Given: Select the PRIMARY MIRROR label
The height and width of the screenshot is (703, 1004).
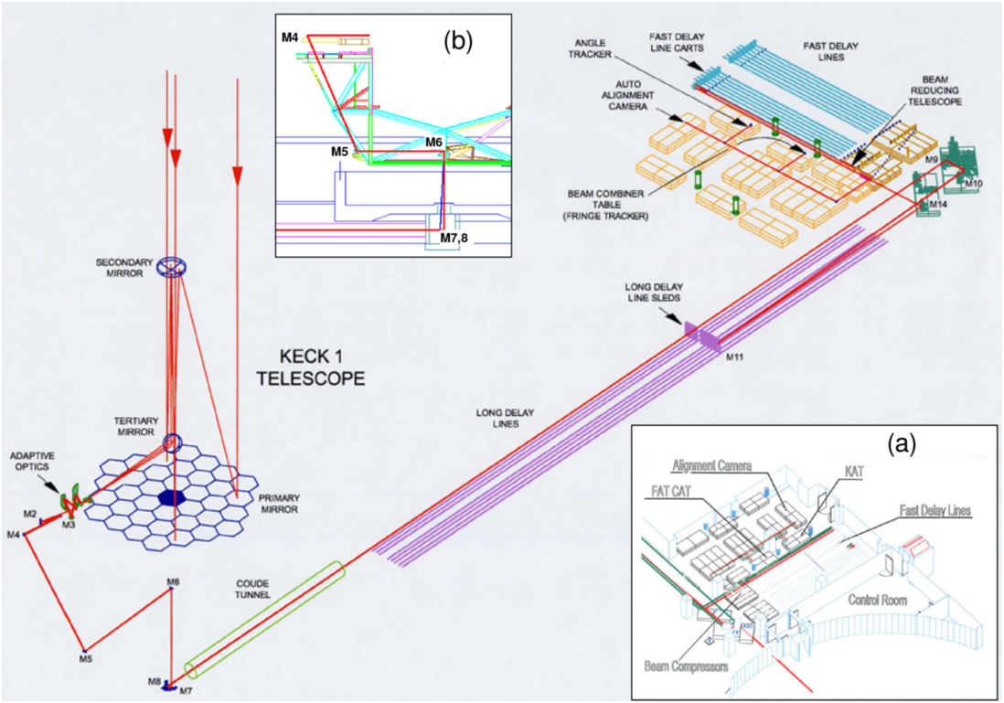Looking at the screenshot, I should tap(279, 503).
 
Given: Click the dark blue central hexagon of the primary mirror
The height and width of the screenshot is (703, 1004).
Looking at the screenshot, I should tap(173, 496).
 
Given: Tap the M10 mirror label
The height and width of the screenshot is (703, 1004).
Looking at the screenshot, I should tap(974, 184).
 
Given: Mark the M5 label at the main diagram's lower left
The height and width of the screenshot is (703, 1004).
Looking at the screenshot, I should tap(85, 657).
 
